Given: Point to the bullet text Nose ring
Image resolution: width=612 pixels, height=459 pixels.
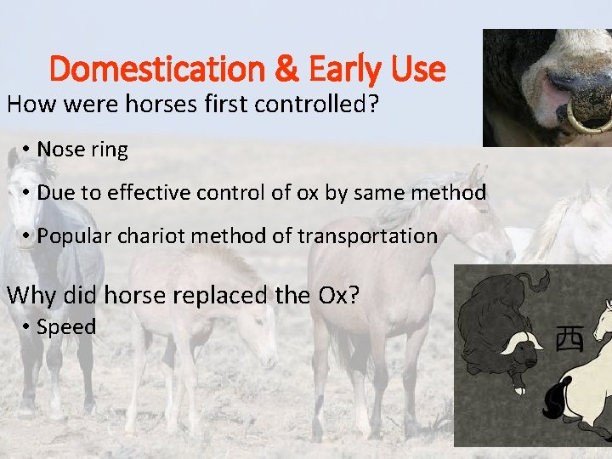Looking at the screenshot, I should (x=82, y=150).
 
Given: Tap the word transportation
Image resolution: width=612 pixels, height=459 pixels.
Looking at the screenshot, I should (x=368, y=236).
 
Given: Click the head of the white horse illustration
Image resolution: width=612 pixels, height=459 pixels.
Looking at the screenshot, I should (x=600, y=321).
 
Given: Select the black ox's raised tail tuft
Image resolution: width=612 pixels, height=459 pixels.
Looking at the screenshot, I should (x=537, y=280).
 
